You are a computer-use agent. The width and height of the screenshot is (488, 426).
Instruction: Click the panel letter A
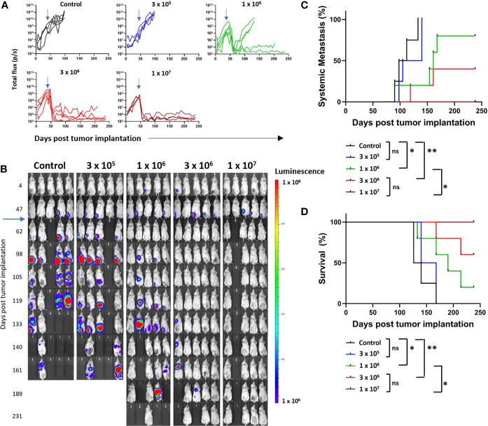[x=6, y=5]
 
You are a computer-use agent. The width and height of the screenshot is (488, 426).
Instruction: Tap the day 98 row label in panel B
[x=14, y=253]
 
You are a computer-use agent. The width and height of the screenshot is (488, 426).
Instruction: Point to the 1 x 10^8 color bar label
[x=288, y=183]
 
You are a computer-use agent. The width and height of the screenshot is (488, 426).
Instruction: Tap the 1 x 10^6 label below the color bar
[x=288, y=401]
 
